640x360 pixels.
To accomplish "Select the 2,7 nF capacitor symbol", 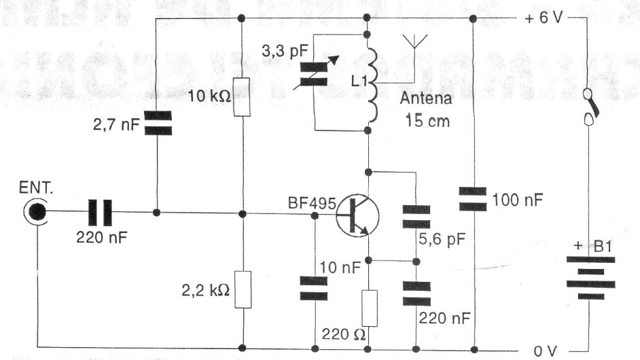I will (157, 124).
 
